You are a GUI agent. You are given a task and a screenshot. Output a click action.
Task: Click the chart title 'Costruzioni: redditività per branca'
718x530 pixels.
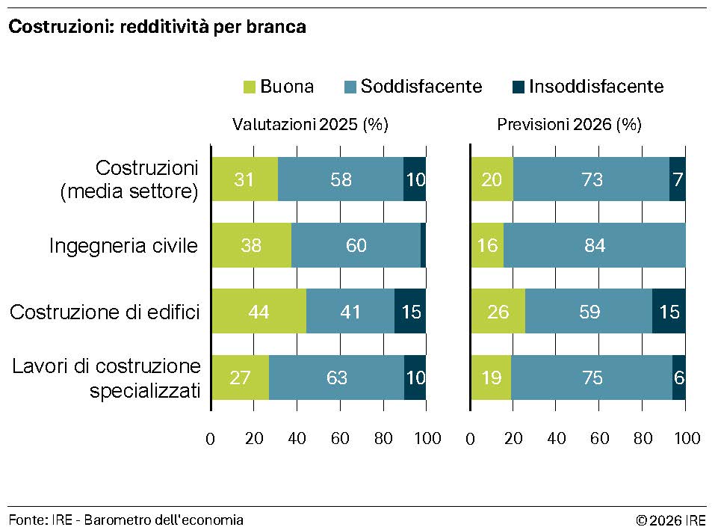click(158, 28)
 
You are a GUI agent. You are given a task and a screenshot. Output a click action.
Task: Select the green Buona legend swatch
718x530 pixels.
click(250, 87)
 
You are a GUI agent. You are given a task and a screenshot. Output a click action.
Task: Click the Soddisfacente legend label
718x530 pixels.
click(421, 87)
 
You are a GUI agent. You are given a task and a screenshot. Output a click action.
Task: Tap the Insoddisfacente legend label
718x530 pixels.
click(596, 87)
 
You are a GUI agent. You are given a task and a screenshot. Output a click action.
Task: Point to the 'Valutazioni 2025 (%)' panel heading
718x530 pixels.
click(310, 125)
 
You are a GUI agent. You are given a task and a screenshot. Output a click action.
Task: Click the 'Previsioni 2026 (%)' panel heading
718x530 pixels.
click(569, 125)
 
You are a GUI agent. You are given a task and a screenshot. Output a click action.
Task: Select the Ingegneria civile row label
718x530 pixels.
click(124, 245)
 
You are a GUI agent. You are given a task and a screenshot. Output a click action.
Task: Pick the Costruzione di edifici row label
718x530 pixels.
click(105, 311)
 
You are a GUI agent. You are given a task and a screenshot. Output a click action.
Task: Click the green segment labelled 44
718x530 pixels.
click(259, 311)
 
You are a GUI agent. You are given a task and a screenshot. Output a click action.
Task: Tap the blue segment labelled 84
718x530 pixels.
click(595, 245)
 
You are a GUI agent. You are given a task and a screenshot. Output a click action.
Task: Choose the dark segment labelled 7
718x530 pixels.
click(678, 179)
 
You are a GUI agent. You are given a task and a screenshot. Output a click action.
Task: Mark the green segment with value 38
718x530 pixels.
click(251, 245)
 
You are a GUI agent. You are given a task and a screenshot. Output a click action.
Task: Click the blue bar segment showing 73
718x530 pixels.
click(591, 179)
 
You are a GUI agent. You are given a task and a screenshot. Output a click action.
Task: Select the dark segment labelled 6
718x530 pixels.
click(679, 378)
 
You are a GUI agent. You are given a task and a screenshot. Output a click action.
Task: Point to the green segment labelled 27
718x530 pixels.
click(240, 378)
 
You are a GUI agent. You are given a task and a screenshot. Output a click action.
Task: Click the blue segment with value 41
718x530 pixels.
click(350, 311)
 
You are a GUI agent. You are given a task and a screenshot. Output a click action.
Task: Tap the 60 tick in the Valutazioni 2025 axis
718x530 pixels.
click(341, 439)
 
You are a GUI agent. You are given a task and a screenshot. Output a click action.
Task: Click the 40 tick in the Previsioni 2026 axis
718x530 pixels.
click(557, 439)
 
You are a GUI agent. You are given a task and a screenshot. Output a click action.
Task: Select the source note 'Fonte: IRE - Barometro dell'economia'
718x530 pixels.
click(126, 520)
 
